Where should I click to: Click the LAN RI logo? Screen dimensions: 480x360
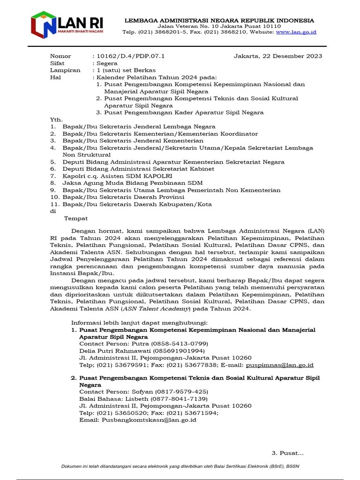(x=67, y=25)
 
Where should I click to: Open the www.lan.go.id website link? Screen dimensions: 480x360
(x=296, y=32)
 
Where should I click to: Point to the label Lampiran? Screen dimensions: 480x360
(x=65, y=70)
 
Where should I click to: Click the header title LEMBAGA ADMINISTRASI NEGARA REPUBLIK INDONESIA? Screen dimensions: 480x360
(x=219, y=21)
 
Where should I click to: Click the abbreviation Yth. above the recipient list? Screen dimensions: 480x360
(x=56, y=120)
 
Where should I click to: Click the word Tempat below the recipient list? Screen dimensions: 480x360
(x=75, y=218)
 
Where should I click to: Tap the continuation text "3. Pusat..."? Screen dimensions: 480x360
(x=288, y=453)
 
